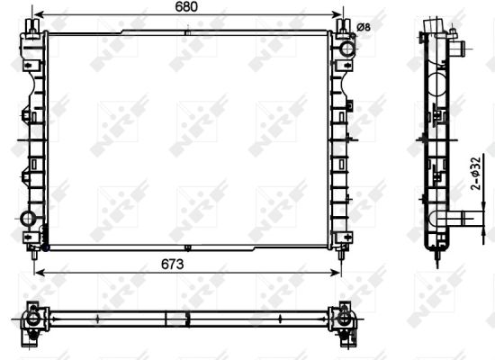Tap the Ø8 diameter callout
(x=364, y=27)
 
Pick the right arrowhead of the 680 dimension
(x=343, y=16)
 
